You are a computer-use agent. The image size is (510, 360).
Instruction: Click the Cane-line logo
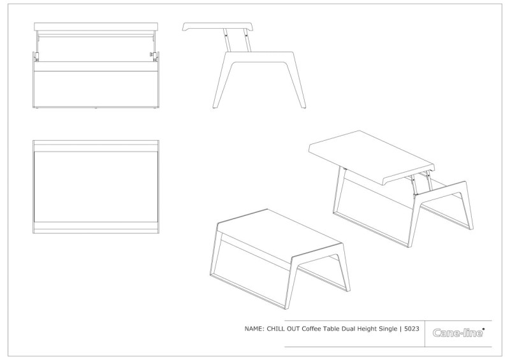(x=458, y=333)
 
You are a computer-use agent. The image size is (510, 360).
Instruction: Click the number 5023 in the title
(x=411, y=329)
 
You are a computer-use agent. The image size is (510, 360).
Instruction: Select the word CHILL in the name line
(x=276, y=329)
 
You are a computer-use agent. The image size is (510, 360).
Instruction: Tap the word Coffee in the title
(x=311, y=329)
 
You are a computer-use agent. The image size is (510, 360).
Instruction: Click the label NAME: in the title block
(x=254, y=329)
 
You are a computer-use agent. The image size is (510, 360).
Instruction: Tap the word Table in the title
(x=331, y=329)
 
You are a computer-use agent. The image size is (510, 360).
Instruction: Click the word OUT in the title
(x=293, y=329)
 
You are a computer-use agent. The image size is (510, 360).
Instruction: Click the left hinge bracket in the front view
(x=37, y=56)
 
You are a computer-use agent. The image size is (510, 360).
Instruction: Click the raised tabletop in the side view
(x=217, y=27)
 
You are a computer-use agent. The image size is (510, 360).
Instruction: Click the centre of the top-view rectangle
(x=96, y=187)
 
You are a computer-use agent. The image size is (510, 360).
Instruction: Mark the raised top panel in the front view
(x=96, y=26)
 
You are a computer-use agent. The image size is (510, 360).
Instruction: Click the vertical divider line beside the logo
(x=425, y=334)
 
